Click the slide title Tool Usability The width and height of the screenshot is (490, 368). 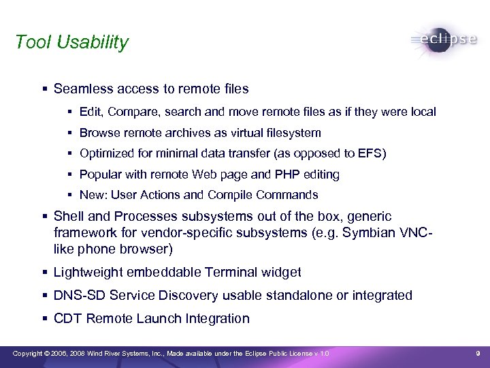71,42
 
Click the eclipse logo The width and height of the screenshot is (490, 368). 444,40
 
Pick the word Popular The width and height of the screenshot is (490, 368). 101,174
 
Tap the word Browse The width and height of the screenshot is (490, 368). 99,132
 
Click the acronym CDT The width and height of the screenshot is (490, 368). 67,318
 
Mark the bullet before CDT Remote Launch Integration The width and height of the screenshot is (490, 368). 44,319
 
